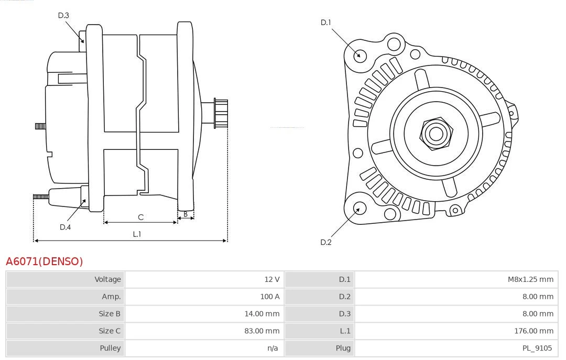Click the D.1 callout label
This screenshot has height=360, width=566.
coord(326,23)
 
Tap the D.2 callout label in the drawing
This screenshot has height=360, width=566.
coord(326,242)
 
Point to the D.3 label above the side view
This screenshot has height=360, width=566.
coord(63,15)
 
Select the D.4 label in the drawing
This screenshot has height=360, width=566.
coord(65,227)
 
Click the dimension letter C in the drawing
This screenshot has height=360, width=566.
coord(140,217)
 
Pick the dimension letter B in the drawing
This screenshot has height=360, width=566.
coord(186,214)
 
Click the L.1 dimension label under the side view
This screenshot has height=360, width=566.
coord(137,234)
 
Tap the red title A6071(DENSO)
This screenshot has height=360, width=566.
coord(45,261)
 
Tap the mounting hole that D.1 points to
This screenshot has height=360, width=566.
coord(360,54)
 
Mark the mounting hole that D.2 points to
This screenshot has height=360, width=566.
coord(359,209)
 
